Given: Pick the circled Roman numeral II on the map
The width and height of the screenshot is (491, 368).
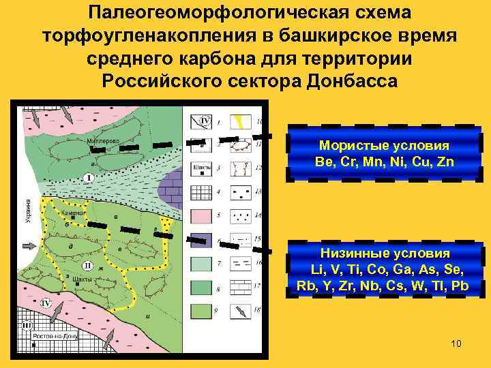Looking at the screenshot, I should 87,265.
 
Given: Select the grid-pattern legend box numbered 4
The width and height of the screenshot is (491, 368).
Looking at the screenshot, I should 202,192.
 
